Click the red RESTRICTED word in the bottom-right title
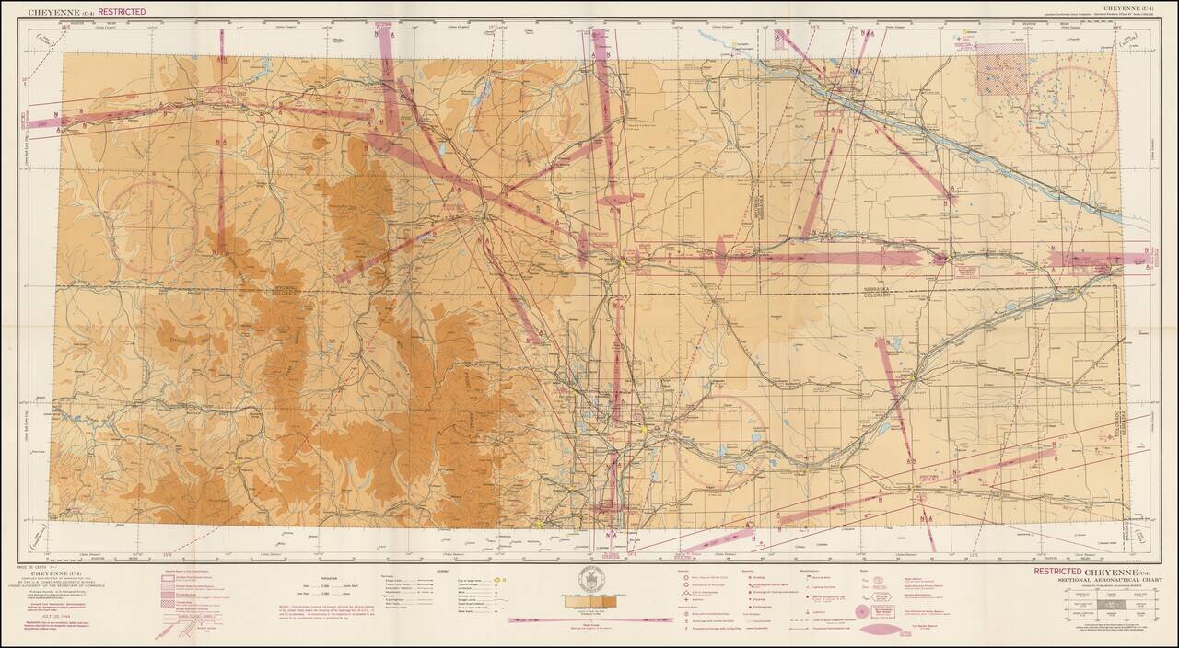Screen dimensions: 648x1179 coord(1057,572)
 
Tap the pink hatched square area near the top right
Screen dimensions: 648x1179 coord(999,68)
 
